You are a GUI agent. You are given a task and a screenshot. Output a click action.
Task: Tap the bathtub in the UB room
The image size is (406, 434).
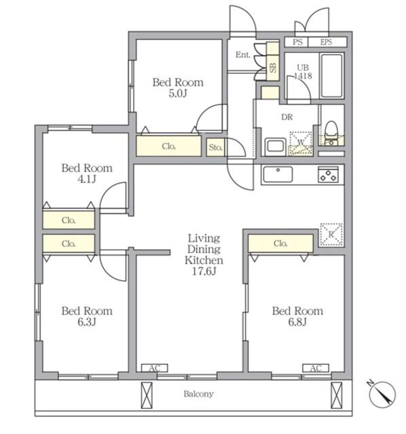coord(331,75)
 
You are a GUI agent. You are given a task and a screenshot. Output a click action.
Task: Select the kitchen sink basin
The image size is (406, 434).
coord(278,174)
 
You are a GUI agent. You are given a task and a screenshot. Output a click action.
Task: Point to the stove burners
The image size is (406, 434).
coord(328,174)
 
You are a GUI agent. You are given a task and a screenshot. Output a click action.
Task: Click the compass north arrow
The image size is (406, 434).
coord(382,393)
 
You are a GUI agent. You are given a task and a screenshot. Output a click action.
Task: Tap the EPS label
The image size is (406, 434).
coord(326,42)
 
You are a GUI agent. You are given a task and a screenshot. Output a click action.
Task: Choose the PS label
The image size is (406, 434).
coord(297,42)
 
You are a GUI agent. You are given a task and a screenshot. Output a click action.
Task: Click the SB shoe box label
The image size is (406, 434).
coord(273,68)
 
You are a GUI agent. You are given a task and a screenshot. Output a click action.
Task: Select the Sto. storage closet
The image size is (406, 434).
coord(215,147)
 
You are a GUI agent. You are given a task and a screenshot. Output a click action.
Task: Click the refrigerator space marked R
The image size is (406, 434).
coord(331,235)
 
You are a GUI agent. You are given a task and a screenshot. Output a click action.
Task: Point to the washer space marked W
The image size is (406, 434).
coord(301,143)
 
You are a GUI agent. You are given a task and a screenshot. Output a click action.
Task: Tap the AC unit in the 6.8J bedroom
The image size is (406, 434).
coord(316,368)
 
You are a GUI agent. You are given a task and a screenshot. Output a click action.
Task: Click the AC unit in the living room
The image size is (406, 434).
coord(155,368)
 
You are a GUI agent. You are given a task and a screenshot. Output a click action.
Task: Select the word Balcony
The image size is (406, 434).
coord(198,393)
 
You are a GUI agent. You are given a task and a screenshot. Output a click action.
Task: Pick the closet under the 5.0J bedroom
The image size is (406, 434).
coord(168,146)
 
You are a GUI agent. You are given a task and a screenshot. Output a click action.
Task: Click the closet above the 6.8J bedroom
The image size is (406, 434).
coord(280,243)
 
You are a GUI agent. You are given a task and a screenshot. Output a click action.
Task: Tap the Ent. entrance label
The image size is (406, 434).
coord(243,55)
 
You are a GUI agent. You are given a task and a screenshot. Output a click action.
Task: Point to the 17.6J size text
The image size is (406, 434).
coord(204,271)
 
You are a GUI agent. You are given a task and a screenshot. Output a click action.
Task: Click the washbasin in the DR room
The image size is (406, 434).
coord(275,146)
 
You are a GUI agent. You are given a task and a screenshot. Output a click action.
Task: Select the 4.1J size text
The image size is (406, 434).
coord(87,179)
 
